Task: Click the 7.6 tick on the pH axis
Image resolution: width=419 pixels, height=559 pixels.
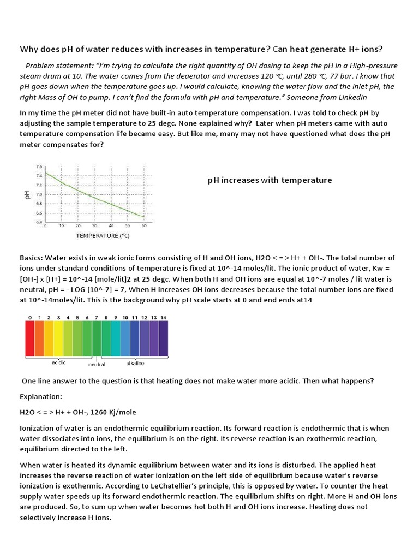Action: (39, 166)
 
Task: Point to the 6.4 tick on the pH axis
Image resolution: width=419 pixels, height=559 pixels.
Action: (39, 222)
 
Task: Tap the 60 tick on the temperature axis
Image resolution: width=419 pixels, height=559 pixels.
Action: (144, 225)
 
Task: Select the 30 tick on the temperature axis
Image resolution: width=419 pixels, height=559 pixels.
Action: (94, 225)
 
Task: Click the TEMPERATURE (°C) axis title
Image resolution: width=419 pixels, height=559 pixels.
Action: (103, 236)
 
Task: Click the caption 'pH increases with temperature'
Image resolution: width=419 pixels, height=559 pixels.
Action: (270, 180)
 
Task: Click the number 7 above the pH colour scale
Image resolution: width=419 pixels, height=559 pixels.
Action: (97, 317)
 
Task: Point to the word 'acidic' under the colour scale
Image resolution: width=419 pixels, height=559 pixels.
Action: (59, 362)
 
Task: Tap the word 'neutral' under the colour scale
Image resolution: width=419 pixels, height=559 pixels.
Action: (97, 364)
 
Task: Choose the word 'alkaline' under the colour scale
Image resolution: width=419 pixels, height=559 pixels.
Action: (135, 362)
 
